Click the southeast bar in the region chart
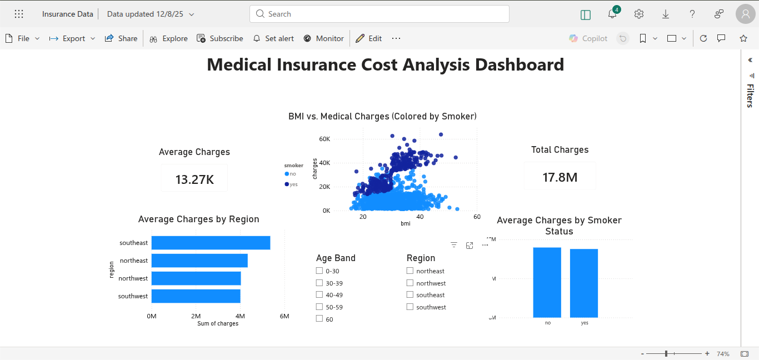click(211, 243)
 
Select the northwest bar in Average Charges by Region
click(196, 278)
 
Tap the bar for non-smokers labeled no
click(547, 282)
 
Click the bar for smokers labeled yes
click(583, 283)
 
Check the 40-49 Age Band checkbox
click(319, 295)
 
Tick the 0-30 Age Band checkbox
click(319, 271)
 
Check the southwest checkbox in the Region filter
click(410, 307)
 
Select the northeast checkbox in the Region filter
click(410, 271)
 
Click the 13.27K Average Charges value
click(194, 179)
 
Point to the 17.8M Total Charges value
click(560, 177)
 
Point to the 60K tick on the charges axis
click(324, 139)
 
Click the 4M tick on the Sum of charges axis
click(240, 316)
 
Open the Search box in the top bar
click(379, 14)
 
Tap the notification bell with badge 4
click(612, 14)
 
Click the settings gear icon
click(639, 14)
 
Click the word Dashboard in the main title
click(519, 64)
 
